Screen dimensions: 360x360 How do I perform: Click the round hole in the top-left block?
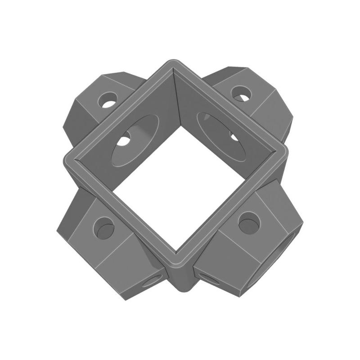pyautogui.click(x=108, y=100)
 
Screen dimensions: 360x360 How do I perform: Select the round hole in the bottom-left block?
pyautogui.click(x=105, y=228)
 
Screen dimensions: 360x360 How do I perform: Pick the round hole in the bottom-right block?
pyautogui.click(x=249, y=223)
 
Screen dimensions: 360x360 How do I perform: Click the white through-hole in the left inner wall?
pyautogui.click(x=123, y=141)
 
